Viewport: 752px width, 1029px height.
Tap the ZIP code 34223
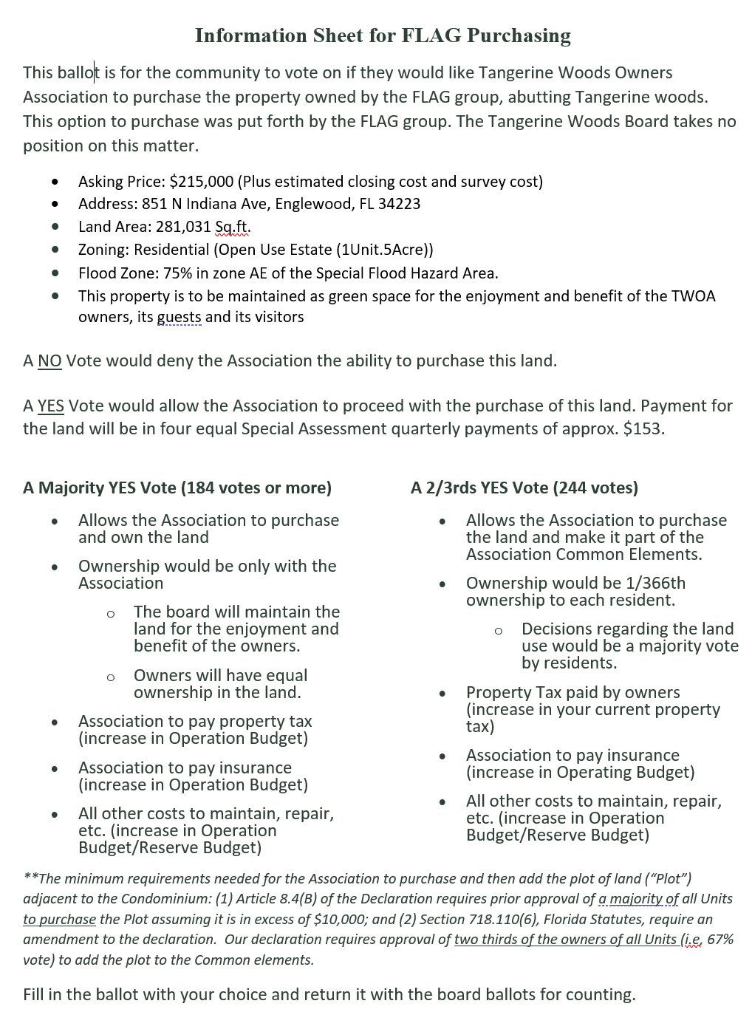399,204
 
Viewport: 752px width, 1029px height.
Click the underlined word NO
49,361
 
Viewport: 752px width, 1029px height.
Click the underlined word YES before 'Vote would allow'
51,406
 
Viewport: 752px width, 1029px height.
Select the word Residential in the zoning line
169,250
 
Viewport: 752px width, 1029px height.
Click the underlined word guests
179,318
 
